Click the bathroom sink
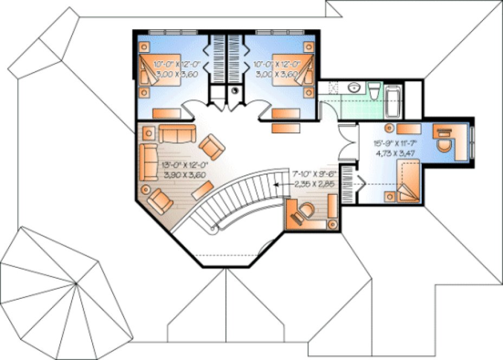[354, 88]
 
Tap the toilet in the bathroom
[375, 91]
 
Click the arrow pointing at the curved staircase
[279, 184]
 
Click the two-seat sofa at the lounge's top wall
[177, 132]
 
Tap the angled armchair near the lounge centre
[211, 147]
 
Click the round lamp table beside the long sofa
[145, 189]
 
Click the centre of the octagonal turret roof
[76, 283]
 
